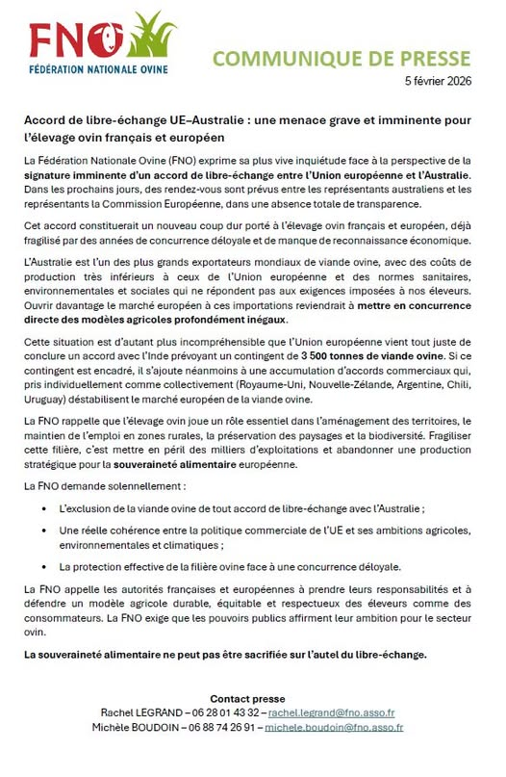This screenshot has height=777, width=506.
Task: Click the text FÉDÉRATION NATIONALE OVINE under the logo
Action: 98,69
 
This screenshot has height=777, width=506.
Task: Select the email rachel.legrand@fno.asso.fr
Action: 332,712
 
